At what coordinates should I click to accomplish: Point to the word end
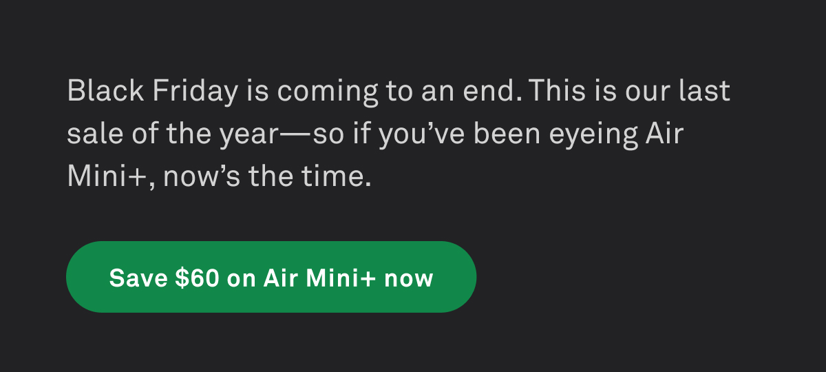pyautogui.click(x=494, y=91)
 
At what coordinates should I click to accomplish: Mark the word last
pyautogui.click(x=704, y=91)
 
